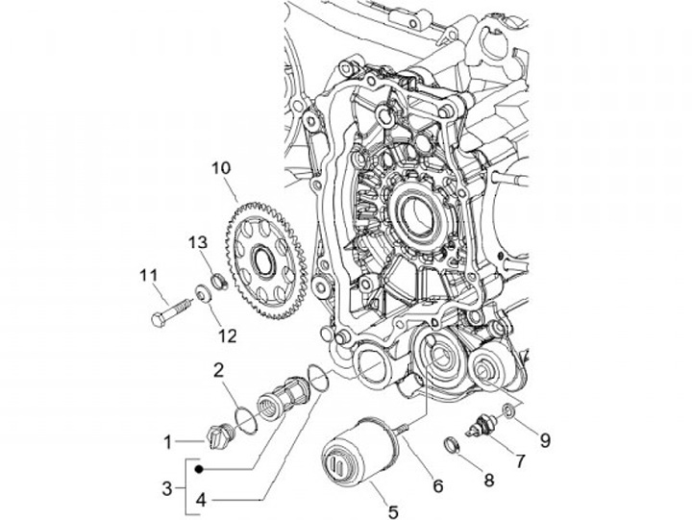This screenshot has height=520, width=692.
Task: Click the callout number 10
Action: pos(221,168)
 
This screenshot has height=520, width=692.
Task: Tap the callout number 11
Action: pos(148,276)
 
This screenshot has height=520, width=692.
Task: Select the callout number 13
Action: pos(198,242)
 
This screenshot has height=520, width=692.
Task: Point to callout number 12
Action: pos(227,335)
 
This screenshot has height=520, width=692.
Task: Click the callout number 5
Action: pos(393,512)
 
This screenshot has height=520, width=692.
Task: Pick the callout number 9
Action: pos(545,440)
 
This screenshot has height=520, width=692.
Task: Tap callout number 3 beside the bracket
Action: pos(167,488)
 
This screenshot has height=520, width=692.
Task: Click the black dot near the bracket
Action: pos(199,469)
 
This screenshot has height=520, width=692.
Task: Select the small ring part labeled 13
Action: pos(219,282)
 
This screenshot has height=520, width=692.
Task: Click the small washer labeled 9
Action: pos(508,410)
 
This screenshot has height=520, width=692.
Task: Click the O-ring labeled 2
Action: pos(246,418)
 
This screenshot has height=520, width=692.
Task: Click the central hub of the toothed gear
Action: pos(264,261)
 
